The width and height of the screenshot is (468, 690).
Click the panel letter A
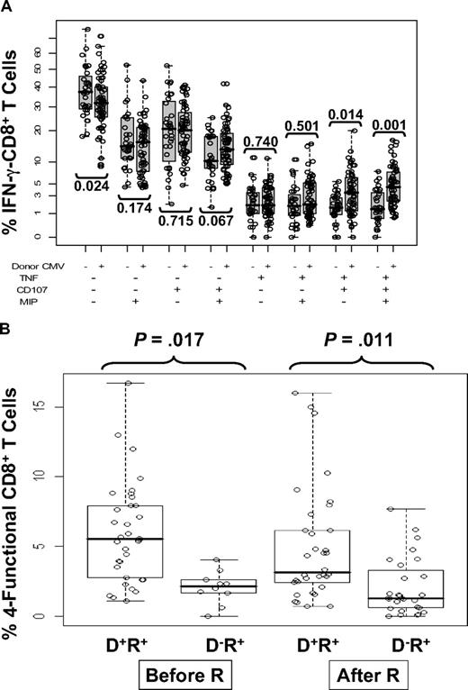click(x=8, y=10)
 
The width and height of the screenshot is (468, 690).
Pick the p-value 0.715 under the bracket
click(x=175, y=219)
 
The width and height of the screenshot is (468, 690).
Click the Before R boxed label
click(x=166, y=674)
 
